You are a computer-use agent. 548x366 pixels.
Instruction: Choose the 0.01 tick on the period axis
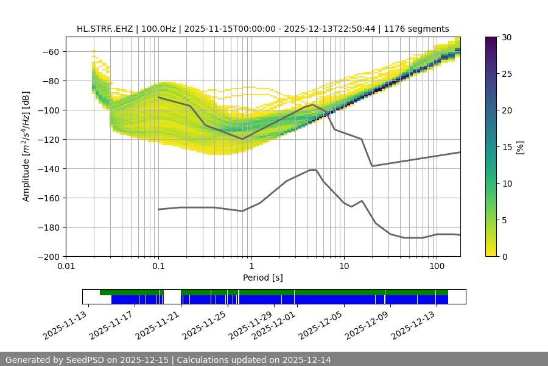coord(66,266)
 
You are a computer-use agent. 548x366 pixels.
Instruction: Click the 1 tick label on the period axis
coord(251,266)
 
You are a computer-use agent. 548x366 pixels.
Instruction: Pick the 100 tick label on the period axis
coord(437,266)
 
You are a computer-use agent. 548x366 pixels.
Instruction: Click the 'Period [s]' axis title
coord(263,278)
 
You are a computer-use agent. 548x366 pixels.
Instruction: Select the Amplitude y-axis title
coord(26,146)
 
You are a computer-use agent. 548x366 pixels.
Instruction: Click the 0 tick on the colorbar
coord(505,256)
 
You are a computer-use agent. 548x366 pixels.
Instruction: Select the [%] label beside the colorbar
coord(519,146)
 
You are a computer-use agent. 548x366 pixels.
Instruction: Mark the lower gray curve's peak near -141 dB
coord(313,170)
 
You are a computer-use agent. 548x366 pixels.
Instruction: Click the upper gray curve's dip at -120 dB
coord(242,139)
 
